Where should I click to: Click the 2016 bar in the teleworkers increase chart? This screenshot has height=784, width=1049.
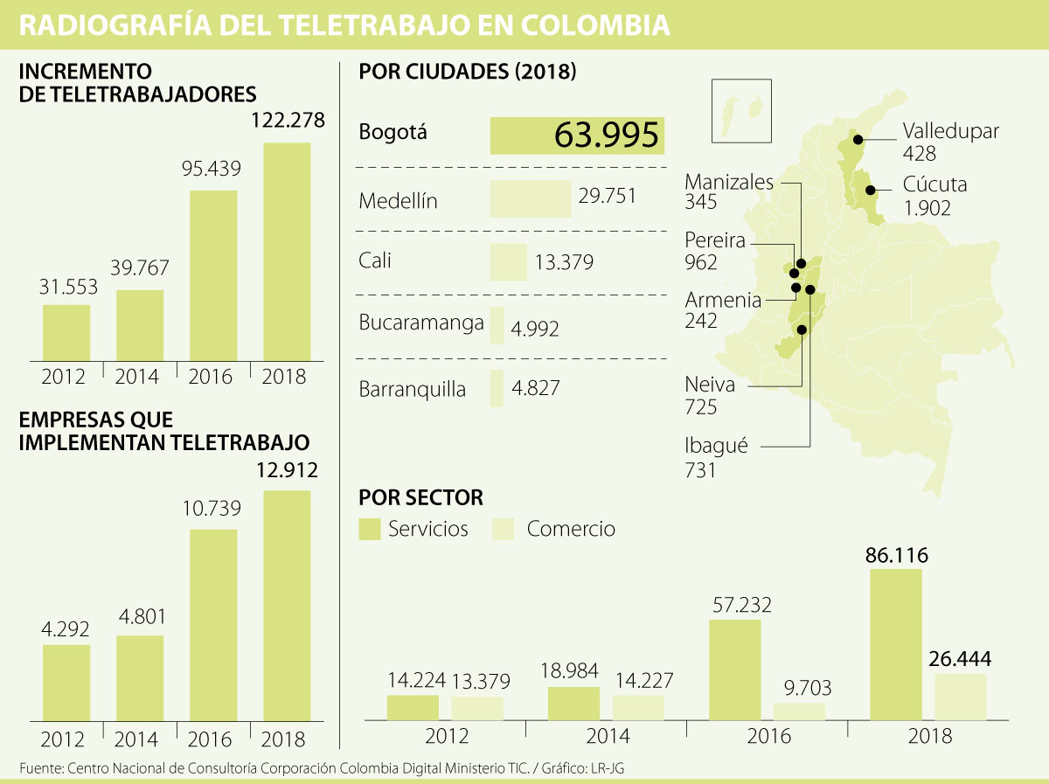click(212, 274)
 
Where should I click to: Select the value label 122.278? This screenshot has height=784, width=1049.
click(288, 121)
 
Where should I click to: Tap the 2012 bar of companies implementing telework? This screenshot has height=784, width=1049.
click(66, 683)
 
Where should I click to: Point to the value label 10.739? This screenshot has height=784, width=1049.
click(212, 509)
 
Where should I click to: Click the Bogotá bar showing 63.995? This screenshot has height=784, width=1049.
click(577, 135)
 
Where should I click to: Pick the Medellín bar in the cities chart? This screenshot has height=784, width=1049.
click(531, 198)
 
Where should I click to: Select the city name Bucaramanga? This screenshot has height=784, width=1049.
click(421, 323)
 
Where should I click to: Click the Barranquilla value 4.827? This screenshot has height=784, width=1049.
click(536, 388)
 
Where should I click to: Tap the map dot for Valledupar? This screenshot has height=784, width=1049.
click(858, 139)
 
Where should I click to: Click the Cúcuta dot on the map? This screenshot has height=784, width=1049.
click(869, 190)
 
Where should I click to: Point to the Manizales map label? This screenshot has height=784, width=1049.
click(729, 183)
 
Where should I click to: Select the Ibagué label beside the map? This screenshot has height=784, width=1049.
click(716, 446)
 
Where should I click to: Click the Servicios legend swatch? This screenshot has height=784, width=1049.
click(370, 529)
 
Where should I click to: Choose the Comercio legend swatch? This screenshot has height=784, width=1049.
click(504, 529)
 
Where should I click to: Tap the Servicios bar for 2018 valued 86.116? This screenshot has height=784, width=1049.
click(896, 644)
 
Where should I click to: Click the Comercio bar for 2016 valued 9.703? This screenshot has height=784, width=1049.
click(799, 711)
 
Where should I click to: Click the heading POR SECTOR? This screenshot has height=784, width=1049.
click(420, 498)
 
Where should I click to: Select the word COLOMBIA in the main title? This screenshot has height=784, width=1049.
click(596, 26)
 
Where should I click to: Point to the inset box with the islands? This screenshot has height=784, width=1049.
click(741, 111)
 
